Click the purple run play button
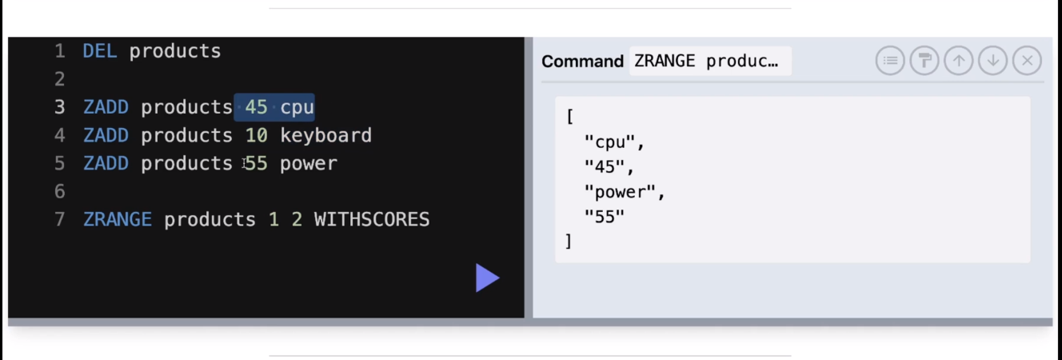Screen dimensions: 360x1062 pyautogui.click(x=487, y=278)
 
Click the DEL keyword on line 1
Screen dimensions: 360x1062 pyautogui.click(x=100, y=51)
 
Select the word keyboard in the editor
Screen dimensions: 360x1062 pyautogui.click(x=325, y=135)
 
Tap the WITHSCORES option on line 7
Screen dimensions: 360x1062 pyautogui.click(x=372, y=219)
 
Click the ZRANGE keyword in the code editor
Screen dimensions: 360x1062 pyautogui.click(x=118, y=219)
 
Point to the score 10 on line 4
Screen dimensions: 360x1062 pyautogui.click(x=257, y=135)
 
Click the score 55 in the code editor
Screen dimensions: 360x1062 pyautogui.click(x=257, y=163)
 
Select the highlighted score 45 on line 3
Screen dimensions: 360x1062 pyautogui.click(x=257, y=107)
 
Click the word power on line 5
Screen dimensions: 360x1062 pyautogui.click(x=309, y=163)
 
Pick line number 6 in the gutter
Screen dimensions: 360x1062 pyautogui.click(x=60, y=191)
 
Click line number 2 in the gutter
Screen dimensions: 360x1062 pyautogui.click(x=60, y=79)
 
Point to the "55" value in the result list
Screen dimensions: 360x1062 pyautogui.click(x=605, y=216)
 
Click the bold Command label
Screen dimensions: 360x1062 pyautogui.click(x=582, y=62)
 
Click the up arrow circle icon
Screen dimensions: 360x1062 pyautogui.click(x=958, y=61)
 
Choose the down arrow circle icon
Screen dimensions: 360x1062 pyautogui.click(x=992, y=61)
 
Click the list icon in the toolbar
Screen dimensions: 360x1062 pyautogui.click(x=890, y=61)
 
